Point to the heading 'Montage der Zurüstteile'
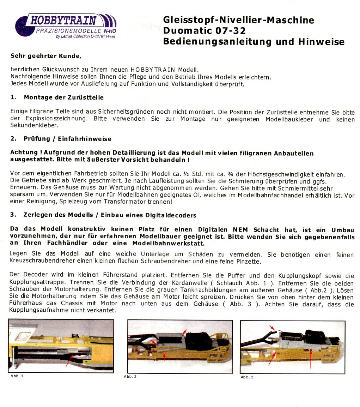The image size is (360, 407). tap(63, 97)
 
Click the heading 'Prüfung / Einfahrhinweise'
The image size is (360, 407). tap(67, 139)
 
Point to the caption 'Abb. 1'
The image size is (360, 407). tap(17, 376)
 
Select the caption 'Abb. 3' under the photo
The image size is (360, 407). tap(247, 377)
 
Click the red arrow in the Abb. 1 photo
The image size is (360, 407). tap(69, 361)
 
